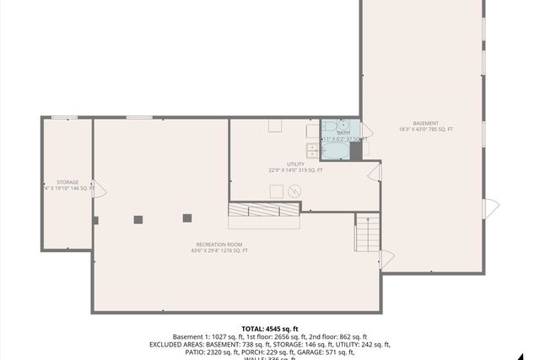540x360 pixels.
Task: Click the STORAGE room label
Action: [x=67, y=182]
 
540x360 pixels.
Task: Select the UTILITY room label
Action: [x=295, y=165]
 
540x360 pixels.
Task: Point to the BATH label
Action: [x=343, y=133]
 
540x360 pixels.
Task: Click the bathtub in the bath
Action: [x=335, y=151]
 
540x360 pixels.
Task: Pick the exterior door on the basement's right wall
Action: [x=490, y=207]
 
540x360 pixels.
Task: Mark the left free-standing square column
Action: [x=138, y=219]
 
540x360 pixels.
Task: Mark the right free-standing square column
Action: [x=187, y=218]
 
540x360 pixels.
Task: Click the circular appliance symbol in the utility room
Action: [x=294, y=191]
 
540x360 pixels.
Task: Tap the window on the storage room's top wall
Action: [x=64, y=117]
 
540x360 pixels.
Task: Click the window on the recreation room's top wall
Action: [x=139, y=117]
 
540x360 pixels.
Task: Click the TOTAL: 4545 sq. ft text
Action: [x=270, y=329]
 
